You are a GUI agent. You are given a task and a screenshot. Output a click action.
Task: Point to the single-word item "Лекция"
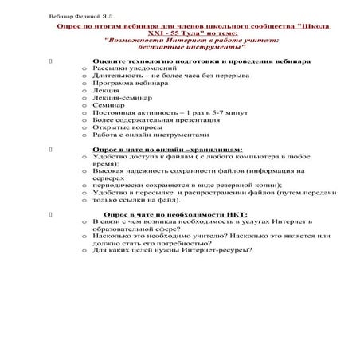(x=107, y=92)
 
